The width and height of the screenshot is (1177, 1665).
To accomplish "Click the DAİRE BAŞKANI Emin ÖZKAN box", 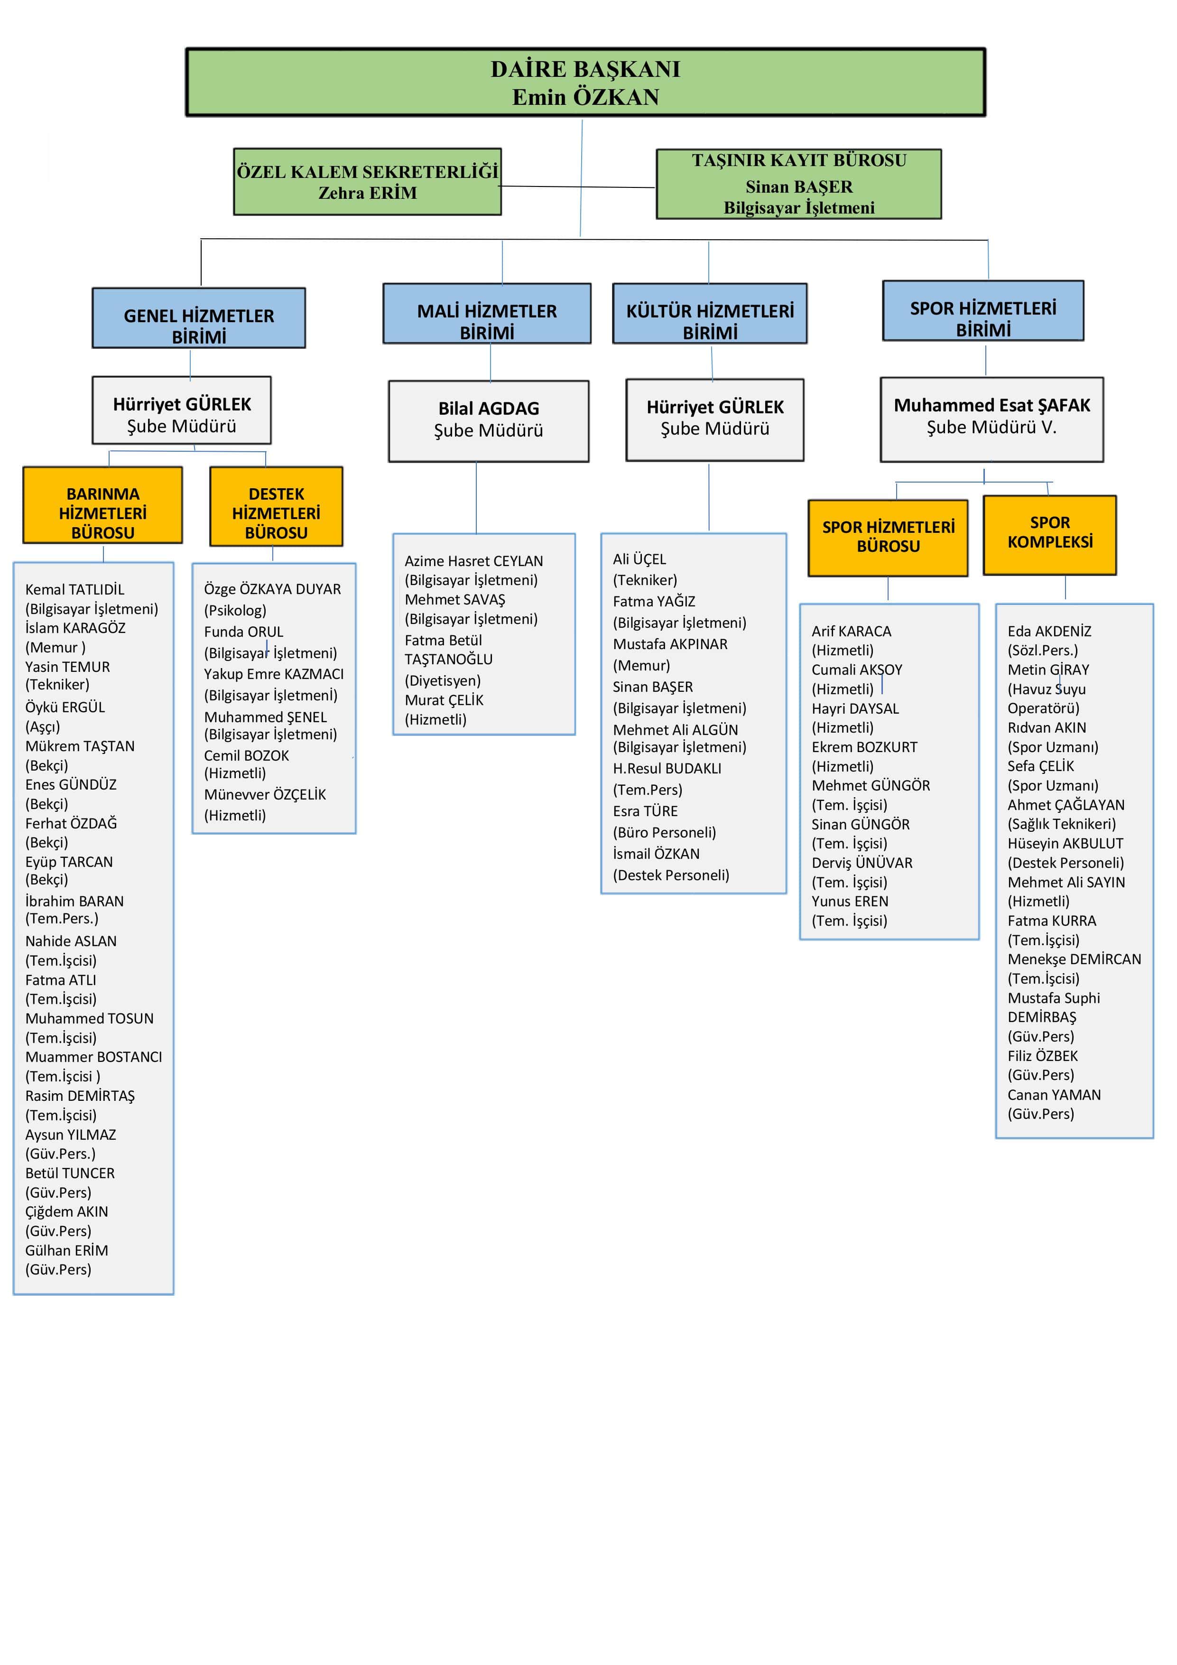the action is [585, 82].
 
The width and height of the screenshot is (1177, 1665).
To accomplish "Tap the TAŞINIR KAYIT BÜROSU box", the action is [798, 184].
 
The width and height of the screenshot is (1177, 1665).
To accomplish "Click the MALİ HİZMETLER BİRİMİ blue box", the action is [487, 313].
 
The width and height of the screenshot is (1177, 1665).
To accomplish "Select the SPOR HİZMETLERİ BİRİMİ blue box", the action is [982, 310].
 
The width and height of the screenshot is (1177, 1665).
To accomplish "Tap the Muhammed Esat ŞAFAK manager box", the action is [992, 419].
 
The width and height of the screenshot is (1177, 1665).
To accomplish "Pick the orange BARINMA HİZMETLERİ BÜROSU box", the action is [102, 505].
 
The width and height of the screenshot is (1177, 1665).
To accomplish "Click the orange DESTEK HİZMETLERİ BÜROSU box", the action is [276, 506].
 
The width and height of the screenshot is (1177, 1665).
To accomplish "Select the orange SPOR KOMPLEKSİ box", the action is [1049, 535].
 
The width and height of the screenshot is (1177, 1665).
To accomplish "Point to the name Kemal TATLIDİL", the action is [74, 590].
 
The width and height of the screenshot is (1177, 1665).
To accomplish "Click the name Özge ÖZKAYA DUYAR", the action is [272, 589].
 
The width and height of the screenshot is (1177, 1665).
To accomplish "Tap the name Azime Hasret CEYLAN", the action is [473, 561].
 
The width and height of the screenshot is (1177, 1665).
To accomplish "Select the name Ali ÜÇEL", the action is [639, 559].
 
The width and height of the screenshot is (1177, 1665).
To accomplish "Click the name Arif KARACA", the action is [852, 632].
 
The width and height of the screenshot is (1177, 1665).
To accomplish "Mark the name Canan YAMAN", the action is [1054, 1095].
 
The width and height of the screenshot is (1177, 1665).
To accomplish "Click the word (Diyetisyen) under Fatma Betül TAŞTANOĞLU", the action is [442, 681].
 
